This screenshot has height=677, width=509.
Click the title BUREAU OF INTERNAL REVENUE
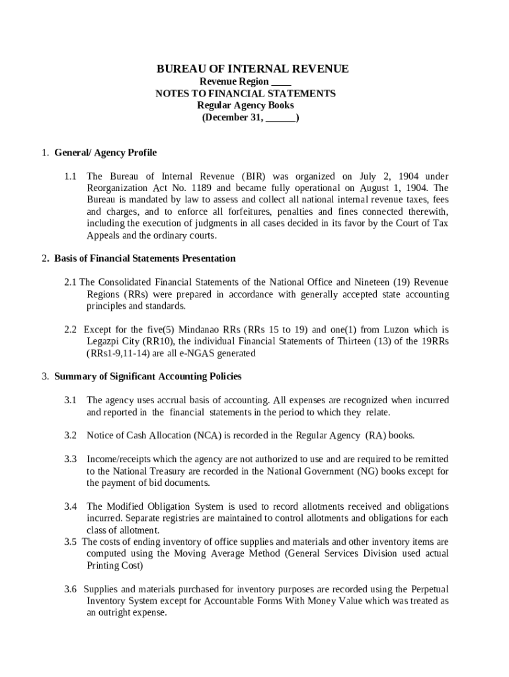pyautogui.click(x=253, y=69)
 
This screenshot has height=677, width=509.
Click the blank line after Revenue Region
pyautogui.click(x=281, y=82)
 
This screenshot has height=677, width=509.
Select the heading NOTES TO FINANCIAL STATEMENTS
pyautogui.click(x=245, y=93)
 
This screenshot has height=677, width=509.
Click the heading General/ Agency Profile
pyautogui.click(x=105, y=153)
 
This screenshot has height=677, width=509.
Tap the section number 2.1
pyautogui.click(x=71, y=282)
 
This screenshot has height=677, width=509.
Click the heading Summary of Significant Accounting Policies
pyautogui.click(x=147, y=376)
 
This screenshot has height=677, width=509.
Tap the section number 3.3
pyautogui.click(x=71, y=459)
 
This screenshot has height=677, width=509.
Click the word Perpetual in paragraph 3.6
pyautogui.click(x=430, y=589)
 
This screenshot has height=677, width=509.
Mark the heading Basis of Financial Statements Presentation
pyautogui.click(x=145, y=259)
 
